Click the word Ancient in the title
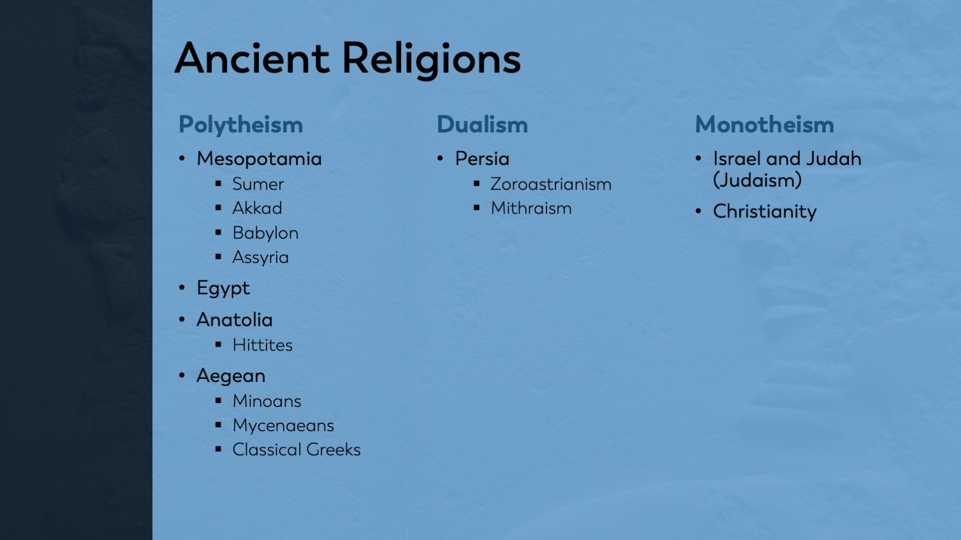point(251,58)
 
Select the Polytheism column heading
point(240,125)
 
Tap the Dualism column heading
point(482,125)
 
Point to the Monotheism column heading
point(764,125)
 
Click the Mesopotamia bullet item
point(259,159)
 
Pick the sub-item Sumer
point(258,184)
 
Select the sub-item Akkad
point(257,209)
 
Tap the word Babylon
point(265,233)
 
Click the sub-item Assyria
point(260,257)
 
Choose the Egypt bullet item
point(223,289)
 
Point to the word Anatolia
point(234,320)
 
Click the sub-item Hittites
point(262,345)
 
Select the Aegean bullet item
point(231,376)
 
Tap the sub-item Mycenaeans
point(283,425)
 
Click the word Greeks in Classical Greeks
point(333,450)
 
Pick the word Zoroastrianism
point(550,184)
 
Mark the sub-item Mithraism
point(531,209)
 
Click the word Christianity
point(764,212)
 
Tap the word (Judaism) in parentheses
point(757,181)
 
